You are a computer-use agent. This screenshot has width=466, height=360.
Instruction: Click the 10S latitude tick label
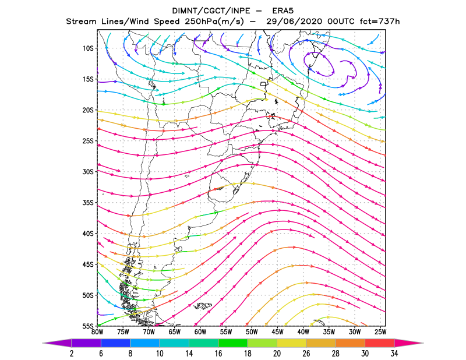[88, 48]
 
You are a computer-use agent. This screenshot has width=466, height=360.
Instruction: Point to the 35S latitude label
[88, 203]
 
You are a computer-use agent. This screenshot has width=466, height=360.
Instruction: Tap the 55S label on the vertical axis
[88, 326]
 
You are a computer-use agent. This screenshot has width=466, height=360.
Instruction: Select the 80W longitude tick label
[97, 332]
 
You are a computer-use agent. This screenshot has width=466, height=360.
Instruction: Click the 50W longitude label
[252, 332]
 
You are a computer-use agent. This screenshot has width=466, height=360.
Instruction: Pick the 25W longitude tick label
[380, 332]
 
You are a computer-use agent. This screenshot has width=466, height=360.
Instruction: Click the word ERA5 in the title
[283, 11]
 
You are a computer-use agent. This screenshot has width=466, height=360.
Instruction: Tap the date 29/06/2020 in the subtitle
[294, 22]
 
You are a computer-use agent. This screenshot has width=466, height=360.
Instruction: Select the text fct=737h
[380, 22]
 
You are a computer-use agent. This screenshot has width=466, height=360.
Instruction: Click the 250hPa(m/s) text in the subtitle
[214, 22]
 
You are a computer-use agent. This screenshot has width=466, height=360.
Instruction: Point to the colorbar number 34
[394, 354]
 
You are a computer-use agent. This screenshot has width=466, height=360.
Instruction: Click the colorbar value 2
[72, 354]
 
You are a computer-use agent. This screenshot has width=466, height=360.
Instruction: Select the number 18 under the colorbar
[248, 354]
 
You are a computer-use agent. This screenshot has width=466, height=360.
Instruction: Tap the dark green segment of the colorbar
[233, 343]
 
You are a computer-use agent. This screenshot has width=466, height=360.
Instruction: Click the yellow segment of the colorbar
[292, 343]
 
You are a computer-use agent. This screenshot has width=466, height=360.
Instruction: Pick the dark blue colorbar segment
[115, 343]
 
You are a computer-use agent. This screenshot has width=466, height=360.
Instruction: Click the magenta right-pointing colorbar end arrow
[409, 343]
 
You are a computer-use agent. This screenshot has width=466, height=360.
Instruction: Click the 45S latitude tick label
[88, 264]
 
